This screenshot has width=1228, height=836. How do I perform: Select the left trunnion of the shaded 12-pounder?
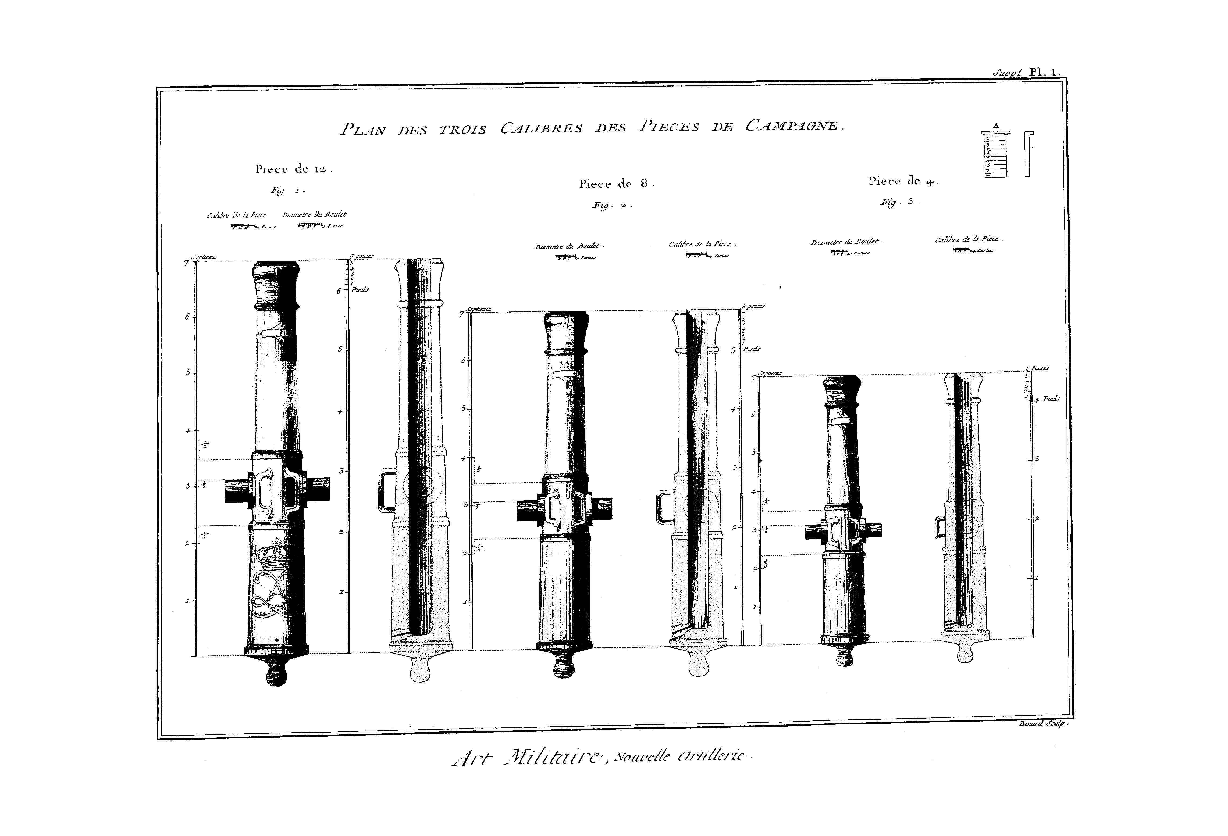coord(237,490)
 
